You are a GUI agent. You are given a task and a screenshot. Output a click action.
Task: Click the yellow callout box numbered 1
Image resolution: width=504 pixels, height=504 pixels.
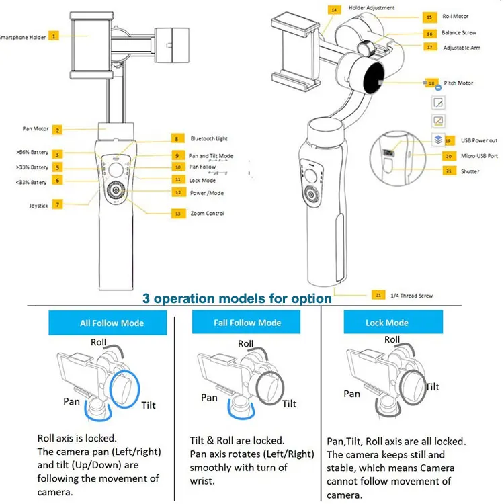54,36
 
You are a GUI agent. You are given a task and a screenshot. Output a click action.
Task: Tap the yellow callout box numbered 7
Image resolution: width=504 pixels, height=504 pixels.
58,204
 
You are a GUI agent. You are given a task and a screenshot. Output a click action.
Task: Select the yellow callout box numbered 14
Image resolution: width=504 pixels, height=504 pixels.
334,10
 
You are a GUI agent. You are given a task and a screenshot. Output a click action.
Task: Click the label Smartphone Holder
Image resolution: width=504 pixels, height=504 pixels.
23,37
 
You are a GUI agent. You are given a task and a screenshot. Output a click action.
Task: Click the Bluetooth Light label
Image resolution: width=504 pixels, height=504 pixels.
209,138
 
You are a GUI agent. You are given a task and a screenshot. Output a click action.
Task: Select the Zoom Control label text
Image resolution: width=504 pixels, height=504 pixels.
207,214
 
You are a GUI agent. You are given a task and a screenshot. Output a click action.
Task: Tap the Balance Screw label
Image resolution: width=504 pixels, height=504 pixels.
459,33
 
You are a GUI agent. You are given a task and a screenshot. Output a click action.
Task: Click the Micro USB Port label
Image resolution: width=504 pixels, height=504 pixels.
480,156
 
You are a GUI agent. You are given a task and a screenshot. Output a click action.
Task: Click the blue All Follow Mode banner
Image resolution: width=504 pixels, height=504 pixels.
112,323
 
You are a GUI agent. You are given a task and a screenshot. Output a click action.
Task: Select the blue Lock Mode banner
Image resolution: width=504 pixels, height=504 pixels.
386,323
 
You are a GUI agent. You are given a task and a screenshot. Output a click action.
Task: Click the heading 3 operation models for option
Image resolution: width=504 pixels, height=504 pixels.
236,298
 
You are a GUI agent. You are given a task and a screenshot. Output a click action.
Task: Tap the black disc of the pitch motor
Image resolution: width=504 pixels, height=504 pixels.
374,82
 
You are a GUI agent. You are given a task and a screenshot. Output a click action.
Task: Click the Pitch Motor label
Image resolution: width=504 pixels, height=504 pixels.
458,83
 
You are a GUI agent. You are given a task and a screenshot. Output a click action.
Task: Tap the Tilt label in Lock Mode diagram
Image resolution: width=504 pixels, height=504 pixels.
432,387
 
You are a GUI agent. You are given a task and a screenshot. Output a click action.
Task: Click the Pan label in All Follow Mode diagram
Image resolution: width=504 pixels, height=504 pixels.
72,401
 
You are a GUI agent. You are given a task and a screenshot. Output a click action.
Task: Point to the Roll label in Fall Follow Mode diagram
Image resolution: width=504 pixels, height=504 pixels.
246,343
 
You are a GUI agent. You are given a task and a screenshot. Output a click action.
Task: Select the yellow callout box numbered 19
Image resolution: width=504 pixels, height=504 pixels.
448,141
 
